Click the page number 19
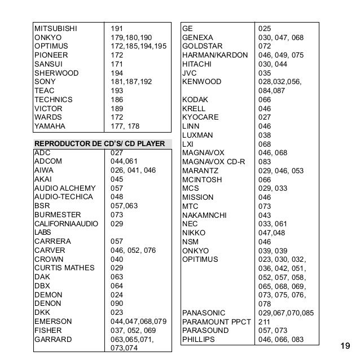[x=346, y=345]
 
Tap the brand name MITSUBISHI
[x=55, y=28]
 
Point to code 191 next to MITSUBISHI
[x=117, y=28]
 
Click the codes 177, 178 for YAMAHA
[x=124, y=126]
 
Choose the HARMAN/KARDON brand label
[x=212, y=55]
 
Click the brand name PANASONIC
[x=204, y=313]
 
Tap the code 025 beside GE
[x=265, y=28]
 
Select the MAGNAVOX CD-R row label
[x=213, y=161]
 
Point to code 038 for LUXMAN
[x=265, y=135]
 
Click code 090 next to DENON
[x=117, y=304]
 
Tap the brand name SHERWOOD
[x=54, y=73]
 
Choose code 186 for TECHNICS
[x=117, y=99]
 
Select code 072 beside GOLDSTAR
[x=265, y=46]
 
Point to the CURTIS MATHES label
[x=64, y=268]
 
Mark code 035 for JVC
[x=265, y=73]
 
